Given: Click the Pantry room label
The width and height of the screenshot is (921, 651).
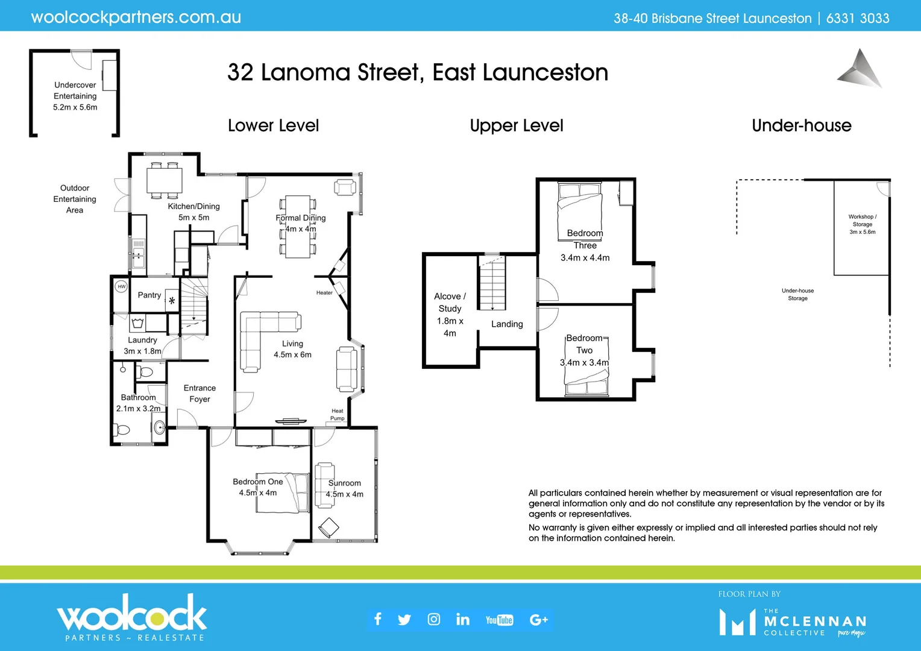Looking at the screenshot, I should (x=149, y=295).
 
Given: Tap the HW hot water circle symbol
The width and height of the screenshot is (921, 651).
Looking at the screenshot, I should (x=121, y=287).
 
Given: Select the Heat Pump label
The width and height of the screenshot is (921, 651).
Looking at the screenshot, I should (x=337, y=415).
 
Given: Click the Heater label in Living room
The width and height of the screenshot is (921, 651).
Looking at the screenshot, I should (x=324, y=293).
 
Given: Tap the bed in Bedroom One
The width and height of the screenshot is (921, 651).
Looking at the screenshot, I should (x=297, y=491).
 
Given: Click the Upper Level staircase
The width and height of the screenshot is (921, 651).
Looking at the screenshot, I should (x=492, y=282).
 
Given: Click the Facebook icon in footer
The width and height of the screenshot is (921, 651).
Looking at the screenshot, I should (x=378, y=619).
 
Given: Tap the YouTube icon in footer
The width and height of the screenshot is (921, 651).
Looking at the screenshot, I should (x=499, y=620).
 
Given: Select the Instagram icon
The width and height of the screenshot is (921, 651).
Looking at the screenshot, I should (x=433, y=619).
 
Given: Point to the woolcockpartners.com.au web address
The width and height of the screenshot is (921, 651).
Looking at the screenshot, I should (x=136, y=17).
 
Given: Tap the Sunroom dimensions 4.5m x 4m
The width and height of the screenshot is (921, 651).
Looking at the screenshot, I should (x=344, y=494).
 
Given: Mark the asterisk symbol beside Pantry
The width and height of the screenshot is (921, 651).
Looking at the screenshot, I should (x=172, y=300).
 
